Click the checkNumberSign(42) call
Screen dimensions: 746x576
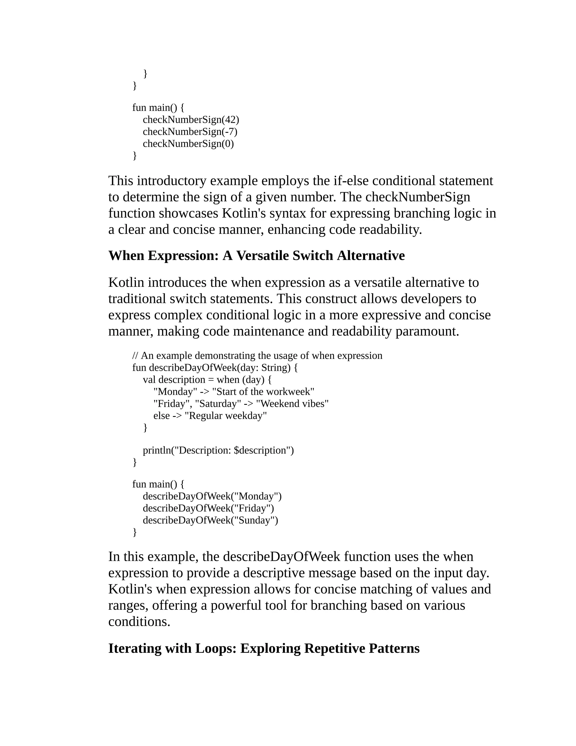point(191,120)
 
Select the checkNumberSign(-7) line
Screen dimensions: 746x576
point(190,131)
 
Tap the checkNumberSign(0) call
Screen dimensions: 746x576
point(188,144)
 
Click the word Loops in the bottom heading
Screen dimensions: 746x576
point(216,648)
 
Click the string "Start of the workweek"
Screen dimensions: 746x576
point(263,392)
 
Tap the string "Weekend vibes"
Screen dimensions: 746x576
point(292,403)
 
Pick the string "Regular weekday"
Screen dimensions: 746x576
point(226,416)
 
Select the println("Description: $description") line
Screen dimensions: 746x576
point(218,450)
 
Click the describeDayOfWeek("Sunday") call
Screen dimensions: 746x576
point(210,520)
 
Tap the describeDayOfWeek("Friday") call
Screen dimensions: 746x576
point(208,508)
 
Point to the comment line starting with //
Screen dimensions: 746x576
point(257,356)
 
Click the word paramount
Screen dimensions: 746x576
point(427,331)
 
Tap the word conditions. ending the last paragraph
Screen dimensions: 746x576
point(139,621)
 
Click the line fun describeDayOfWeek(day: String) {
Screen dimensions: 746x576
point(215,368)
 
